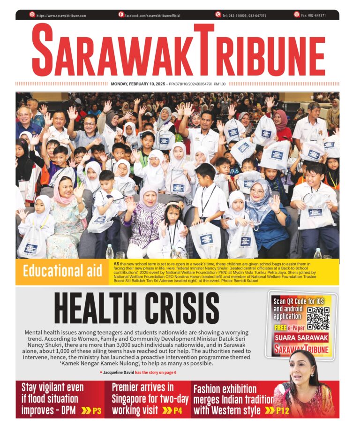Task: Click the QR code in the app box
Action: (318, 318)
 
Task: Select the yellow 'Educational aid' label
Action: (62, 272)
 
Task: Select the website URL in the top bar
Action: (61, 15)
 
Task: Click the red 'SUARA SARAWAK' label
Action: (301, 338)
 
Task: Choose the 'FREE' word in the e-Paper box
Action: (280, 328)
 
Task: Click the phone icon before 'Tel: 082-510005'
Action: (218, 15)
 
